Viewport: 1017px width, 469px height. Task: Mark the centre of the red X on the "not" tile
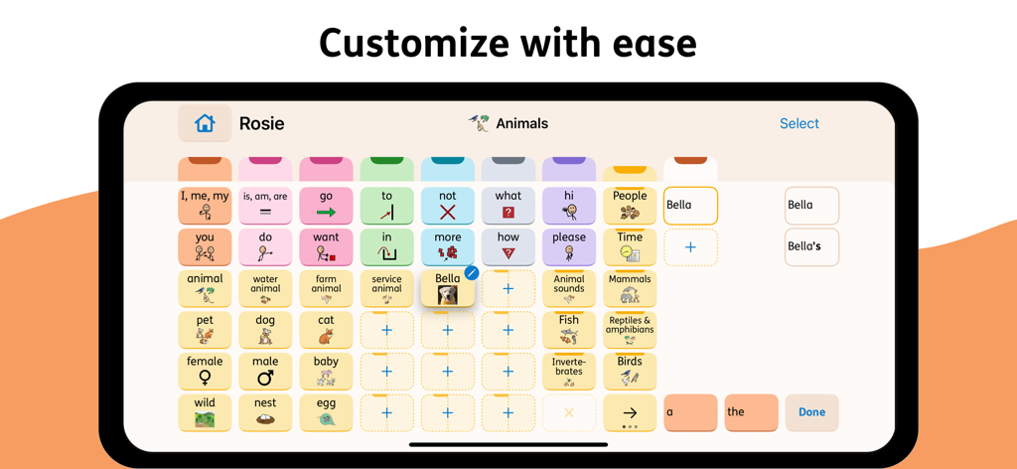(448, 212)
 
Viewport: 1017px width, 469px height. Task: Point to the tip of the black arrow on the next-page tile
(637, 412)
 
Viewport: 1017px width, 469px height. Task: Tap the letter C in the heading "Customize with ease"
(336, 44)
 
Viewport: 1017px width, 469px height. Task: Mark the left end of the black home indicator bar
(410, 445)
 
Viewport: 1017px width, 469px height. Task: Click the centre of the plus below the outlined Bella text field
(690, 247)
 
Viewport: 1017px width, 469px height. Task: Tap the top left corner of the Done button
(786, 394)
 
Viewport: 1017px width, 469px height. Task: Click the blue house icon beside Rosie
(205, 122)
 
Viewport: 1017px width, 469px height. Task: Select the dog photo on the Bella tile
(448, 295)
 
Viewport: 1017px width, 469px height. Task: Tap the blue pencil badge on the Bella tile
(472, 273)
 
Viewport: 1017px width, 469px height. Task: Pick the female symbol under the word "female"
(205, 378)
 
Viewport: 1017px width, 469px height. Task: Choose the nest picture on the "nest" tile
(265, 418)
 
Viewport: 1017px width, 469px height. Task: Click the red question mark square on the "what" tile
(508, 212)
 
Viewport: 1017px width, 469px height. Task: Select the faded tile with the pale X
(569, 412)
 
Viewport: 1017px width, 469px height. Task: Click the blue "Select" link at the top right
(799, 123)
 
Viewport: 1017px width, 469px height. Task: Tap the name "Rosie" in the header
(261, 123)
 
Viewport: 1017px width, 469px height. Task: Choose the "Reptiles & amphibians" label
(630, 324)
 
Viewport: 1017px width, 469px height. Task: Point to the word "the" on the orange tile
(736, 412)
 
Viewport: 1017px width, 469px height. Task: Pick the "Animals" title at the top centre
(522, 123)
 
